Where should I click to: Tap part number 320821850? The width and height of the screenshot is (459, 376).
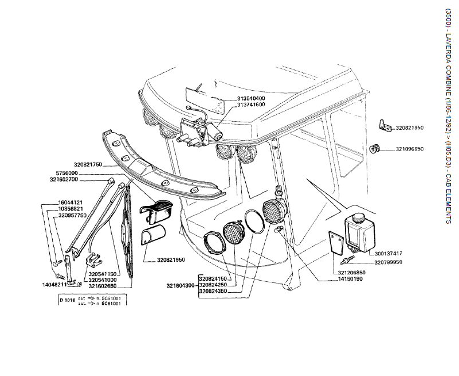pos(409,128)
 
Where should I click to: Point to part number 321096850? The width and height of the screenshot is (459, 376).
pos(409,149)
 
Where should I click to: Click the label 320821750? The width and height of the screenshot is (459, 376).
pos(88,165)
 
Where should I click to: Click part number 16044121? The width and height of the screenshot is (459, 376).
pos(71,203)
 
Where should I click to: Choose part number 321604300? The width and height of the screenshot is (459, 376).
pos(181,285)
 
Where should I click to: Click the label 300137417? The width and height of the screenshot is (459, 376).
pos(388,253)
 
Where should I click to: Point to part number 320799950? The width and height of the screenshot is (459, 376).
pos(388,262)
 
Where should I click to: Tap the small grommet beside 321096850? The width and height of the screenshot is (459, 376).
pos(376,149)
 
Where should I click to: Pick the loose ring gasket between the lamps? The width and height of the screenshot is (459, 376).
pos(255,222)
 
